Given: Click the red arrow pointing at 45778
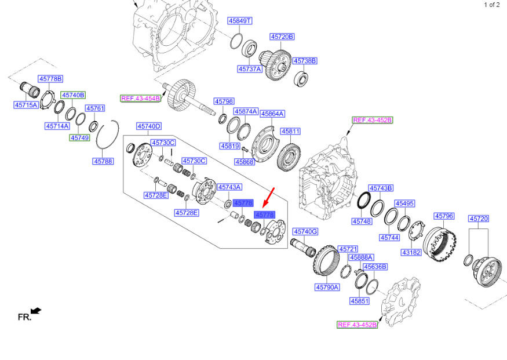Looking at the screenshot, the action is point(269,197).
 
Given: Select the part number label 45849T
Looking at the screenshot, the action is point(240,21).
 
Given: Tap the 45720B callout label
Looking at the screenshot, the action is point(282,37).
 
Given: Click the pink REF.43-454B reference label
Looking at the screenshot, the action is point(140,99).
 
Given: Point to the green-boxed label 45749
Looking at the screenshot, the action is point(80,138).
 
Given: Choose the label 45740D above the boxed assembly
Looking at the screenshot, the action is point(149,126).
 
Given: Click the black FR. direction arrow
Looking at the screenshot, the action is point(36,311).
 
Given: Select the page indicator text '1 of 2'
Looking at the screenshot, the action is point(491,5).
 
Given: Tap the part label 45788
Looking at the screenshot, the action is point(103,161).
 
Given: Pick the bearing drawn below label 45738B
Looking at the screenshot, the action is point(301,79).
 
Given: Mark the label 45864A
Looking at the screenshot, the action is point(272,114).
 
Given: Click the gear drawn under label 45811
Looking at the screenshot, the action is point(289,157).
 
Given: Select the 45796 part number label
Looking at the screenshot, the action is point(444,216).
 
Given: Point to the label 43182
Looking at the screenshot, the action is point(411,252).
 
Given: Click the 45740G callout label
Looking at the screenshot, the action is point(305,231).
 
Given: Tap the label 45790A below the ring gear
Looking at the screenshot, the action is point(327,287).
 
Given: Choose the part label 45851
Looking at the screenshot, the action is point(360,301).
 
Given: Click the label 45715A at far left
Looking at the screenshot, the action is point(26,105).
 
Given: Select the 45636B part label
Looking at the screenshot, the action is point(375,267).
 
